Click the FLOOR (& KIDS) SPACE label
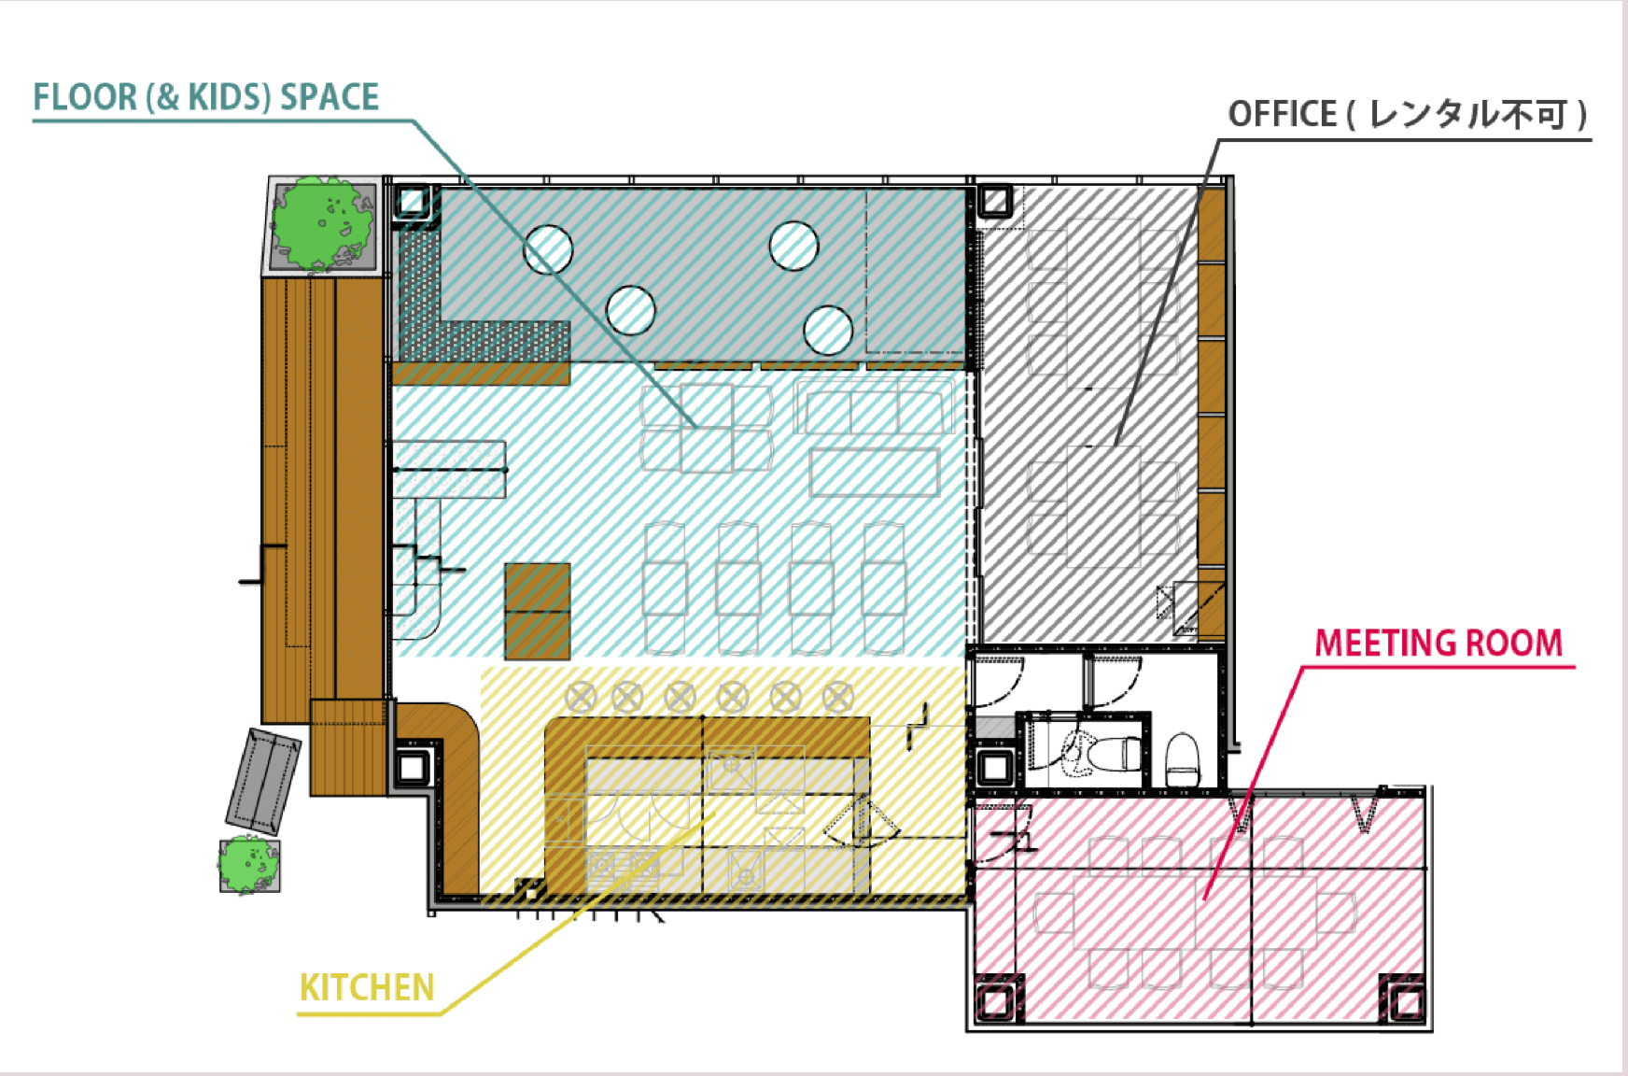206,97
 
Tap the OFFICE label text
1408,114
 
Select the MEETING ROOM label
1439,643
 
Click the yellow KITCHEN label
367,987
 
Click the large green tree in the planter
322,224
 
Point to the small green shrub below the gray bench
248,865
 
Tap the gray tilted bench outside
263,782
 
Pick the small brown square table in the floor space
538,612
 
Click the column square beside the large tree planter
413,201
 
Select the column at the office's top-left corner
995,201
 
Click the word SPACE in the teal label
330,97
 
